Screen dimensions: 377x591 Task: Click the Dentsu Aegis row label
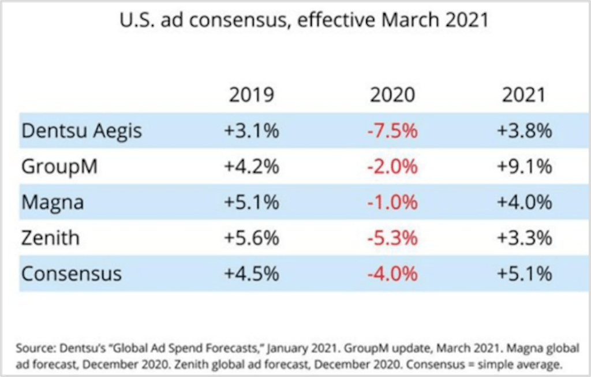tap(81, 131)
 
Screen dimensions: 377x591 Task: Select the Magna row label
tap(53, 203)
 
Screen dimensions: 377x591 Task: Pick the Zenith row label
tap(50, 237)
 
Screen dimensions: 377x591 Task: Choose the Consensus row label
tap(72, 273)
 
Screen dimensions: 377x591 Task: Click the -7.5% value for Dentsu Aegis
tap(392, 131)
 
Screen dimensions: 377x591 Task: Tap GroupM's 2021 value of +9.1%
tap(523, 167)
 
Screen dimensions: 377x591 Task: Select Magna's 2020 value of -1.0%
tap(392, 203)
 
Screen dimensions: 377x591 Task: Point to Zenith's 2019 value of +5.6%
tap(251, 237)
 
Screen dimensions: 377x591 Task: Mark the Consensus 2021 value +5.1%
tap(523, 273)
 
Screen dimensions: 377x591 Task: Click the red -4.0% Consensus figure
tap(392, 273)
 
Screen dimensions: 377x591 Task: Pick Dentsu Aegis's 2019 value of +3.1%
tap(251, 131)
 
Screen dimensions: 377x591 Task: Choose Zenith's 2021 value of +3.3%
tap(523, 237)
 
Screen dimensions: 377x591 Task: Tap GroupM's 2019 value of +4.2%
tap(251, 167)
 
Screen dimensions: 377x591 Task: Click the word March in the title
tap(413, 20)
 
